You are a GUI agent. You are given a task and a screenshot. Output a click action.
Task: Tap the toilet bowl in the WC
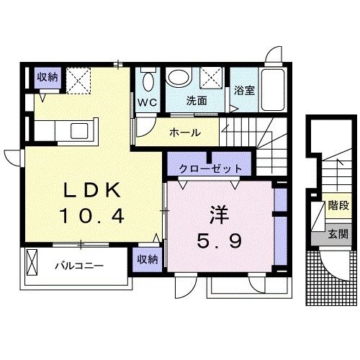tap(148, 78)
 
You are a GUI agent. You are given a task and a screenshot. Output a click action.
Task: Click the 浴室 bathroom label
tap(243, 91)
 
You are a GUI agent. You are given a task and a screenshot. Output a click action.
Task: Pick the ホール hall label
tap(185, 132)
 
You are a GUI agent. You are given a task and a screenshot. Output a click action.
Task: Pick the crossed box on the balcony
tap(31, 264)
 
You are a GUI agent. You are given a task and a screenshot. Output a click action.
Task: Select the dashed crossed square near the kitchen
tap(78, 80)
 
